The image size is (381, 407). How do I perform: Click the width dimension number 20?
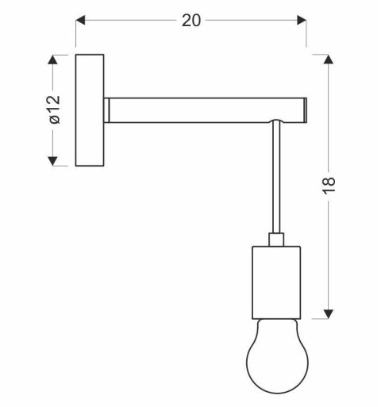click(x=191, y=21)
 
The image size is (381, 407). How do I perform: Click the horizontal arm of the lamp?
click(x=206, y=109)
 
